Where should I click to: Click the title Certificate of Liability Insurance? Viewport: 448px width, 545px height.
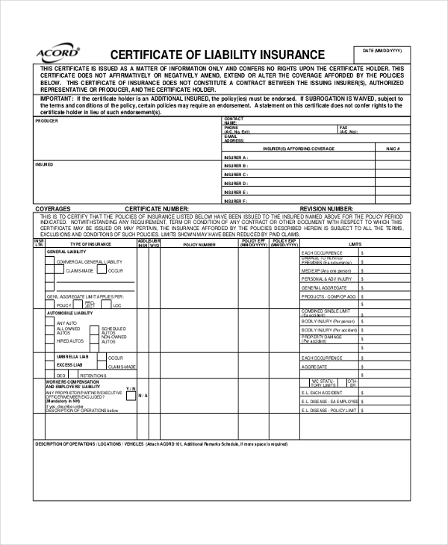(x=217, y=54)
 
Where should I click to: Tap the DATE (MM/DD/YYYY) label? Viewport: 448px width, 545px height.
(x=382, y=50)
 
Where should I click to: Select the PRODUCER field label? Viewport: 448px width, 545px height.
(x=46, y=120)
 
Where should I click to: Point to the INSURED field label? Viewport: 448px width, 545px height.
(x=44, y=163)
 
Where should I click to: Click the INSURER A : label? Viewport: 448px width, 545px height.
(x=235, y=158)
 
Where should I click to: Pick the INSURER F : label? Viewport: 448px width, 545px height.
(x=235, y=201)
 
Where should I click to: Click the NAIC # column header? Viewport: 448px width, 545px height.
(x=393, y=149)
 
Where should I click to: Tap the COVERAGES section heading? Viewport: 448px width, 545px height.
(x=53, y=209)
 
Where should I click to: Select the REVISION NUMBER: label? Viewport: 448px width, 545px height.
(x=326, y=209)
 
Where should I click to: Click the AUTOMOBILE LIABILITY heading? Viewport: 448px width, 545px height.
(x=70, y=314)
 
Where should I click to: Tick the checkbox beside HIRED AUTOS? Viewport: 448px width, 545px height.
(x=50, y=340)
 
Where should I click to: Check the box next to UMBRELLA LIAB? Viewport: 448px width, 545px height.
(x=50, y=358)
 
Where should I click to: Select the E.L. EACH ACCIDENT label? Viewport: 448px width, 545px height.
(x=322, y=392)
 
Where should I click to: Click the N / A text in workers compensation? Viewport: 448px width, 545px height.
(x=143, y=395)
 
